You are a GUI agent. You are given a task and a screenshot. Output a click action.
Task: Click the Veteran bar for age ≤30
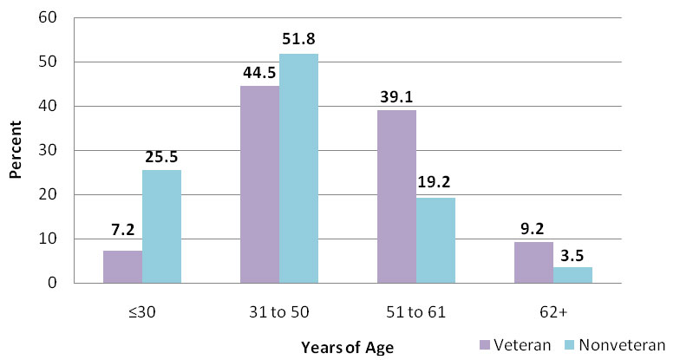coord(122,267)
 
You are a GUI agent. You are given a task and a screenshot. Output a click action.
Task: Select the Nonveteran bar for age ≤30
coord(161,226)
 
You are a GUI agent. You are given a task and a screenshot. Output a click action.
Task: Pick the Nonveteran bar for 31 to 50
coord(298,168)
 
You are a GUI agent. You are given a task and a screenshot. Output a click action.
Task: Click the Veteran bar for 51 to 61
coord(396,197)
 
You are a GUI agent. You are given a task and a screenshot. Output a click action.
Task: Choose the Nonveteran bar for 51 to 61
coord(435,240)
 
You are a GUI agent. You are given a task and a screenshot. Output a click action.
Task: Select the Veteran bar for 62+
coord(533,263)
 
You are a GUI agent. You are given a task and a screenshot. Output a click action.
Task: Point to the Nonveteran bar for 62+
coord(572,275)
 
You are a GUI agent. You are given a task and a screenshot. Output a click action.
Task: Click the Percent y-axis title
coord(16,150)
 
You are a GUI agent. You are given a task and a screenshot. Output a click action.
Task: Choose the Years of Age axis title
coord(347,348)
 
